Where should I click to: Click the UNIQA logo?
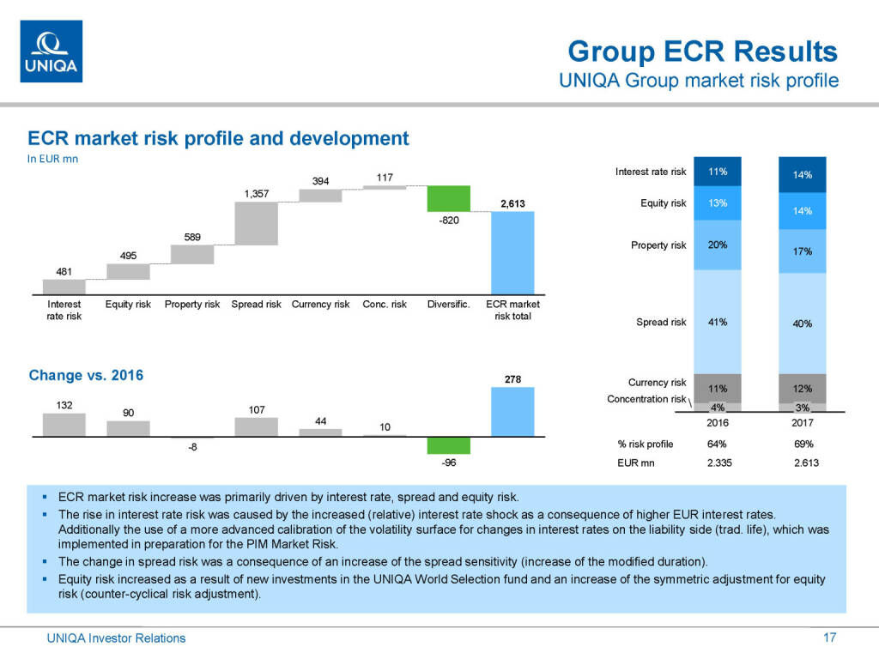pos(51,51)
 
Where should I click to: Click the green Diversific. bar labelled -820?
pos(449,198)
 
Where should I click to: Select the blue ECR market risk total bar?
pos(512,252)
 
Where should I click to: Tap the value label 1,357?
pos(256,194)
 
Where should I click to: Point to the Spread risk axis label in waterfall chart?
pos(256,305)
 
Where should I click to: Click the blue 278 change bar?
pos(512,412)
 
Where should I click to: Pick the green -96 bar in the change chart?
pos(449,445)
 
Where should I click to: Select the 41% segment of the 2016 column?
pos(718,322)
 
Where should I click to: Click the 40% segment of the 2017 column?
pos(802,323)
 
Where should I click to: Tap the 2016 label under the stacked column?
pos(718,423)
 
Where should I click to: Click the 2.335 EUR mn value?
pos(718,464)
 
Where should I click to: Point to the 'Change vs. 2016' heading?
pos(86,375)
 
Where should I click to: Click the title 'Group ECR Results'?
pos(702,51)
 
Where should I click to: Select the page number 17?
pos(829,638)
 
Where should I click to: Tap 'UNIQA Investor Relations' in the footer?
pos(116,638)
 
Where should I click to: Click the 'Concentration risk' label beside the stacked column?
pos(646,399)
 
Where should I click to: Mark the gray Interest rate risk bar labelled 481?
pos(64,287)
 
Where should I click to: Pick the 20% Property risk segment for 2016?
pos(718,245)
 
